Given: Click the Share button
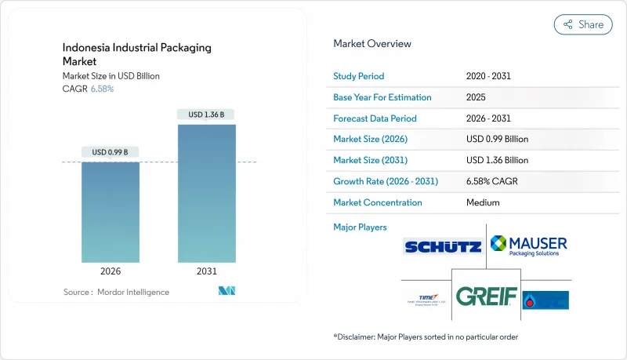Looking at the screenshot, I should (x=583, y=24).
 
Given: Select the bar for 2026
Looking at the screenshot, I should (x=111, y=212).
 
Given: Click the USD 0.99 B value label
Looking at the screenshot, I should (x=111, y=151).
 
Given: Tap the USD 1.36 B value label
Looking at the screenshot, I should (x=206, y=115).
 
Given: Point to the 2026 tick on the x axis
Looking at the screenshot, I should (x=111, y=271).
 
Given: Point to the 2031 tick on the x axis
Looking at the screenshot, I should (x=206, y=271).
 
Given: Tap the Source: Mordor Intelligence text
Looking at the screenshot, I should (x=116, y=292).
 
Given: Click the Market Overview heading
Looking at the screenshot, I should (x=372, y=44).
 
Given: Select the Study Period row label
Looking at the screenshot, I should (x=359, y=76).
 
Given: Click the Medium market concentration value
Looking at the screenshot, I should (x=483, y=202).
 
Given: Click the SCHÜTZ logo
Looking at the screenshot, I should (x=443, y=247).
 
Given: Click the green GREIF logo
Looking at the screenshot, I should (x=487, y=296).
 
